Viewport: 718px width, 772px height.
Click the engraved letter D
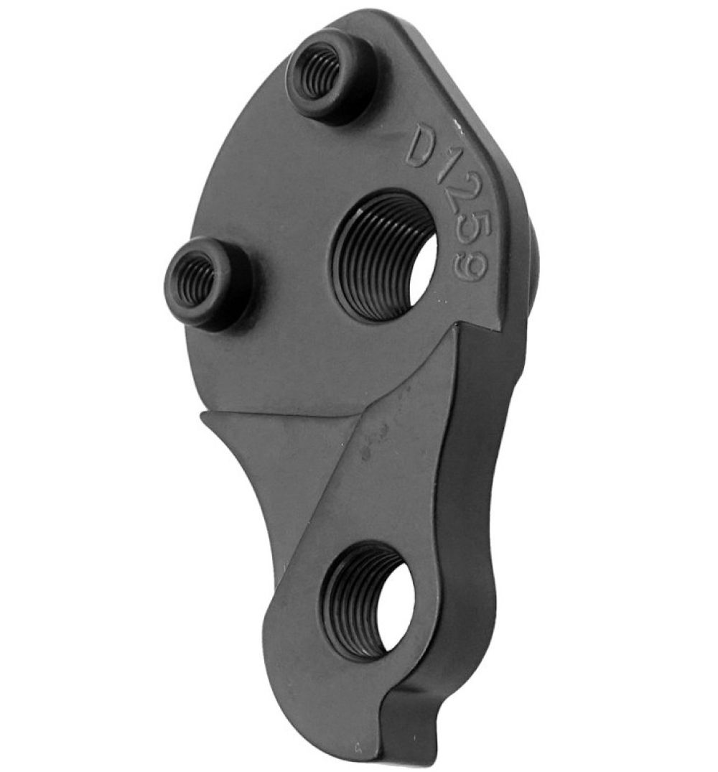tap(421, 147)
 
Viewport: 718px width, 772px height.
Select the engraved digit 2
tap(456, 203)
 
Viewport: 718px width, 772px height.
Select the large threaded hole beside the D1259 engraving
tap(386, 256)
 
